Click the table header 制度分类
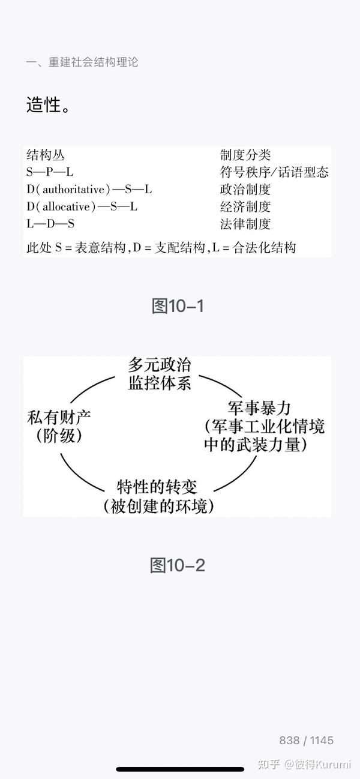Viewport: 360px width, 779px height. [245, 155]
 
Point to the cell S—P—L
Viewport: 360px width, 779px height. [50, 172]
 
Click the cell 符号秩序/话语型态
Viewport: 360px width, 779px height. [274, 172]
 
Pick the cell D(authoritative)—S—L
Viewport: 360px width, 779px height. [89, 190]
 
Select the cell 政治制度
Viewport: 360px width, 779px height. [245, 190]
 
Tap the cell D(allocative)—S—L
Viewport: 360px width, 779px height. [82, 207]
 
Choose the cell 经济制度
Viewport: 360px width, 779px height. [245, 207]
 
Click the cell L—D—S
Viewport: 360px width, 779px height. [50, 224]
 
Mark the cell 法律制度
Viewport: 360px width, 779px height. [245, 224]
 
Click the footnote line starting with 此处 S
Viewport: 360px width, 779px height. [161, 247]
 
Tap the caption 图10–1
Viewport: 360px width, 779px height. [178, 306]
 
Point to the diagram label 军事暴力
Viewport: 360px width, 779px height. [260, 409]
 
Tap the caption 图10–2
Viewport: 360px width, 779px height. [178, 565]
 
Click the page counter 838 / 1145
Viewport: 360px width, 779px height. [306, 740]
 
